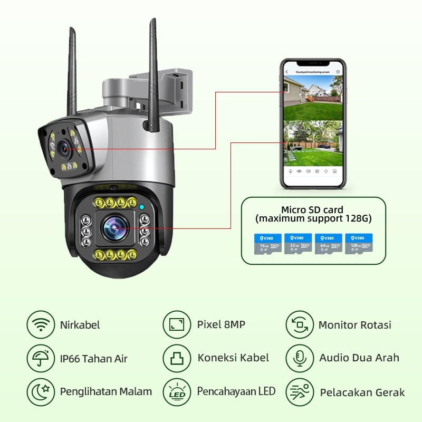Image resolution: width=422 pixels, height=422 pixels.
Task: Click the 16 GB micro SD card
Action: coord(267,244)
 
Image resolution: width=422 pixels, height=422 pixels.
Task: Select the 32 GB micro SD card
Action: coord(298,244)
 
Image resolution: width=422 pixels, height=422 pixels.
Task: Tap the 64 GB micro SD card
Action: coord(328,244)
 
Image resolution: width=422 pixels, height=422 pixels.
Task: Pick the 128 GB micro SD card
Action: coord(359,244)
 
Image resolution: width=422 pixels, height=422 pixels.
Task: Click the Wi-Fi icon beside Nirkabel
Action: coord(41,325)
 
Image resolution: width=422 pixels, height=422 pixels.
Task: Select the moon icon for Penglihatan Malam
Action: coord(41,391)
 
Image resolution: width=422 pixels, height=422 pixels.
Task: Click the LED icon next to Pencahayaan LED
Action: coord(176,391)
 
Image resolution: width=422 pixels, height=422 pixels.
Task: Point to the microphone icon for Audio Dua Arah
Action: coord(300,358)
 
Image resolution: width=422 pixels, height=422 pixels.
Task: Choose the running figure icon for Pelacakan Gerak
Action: coord(300,392)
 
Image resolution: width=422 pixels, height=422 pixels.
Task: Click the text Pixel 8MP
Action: coord(221,324)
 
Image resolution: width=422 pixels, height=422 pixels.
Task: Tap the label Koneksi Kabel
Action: coord(233,358)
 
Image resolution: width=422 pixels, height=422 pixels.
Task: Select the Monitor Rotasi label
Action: coord(354,325)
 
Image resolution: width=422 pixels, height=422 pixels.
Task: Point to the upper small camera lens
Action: coord(65,149)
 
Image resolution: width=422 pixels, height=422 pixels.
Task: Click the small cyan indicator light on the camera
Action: coord(141,207)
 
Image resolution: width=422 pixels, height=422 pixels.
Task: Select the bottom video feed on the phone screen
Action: coord(313,143)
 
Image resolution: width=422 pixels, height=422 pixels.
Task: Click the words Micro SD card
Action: coord(312,209)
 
